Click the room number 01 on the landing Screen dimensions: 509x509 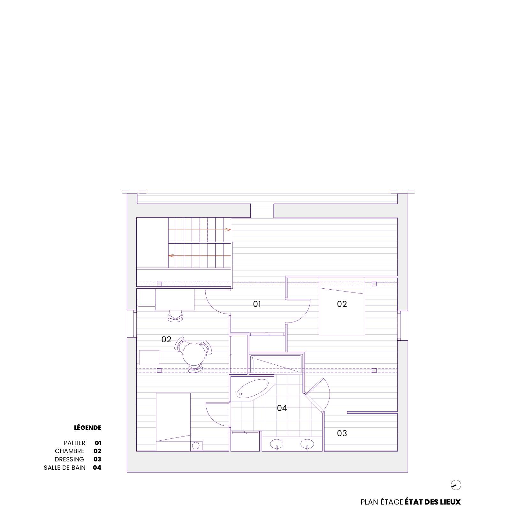pos(257,304)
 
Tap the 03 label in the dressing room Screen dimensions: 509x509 pos(342,433)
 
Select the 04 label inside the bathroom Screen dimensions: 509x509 pos(282,408)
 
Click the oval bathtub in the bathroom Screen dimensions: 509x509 pos(253,389)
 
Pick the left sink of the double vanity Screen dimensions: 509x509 pos(277,444)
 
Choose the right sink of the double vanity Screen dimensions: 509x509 pos(307,444)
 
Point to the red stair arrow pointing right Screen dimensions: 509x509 pos(200,230)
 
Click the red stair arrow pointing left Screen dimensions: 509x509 pos(200,256)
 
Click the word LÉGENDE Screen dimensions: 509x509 pos(87,428)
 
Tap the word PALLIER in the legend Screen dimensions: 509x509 pos(75,443)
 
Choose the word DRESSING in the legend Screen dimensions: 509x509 pos(69,459)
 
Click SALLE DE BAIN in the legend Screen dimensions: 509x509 pos(65,467)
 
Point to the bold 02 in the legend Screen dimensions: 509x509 pos(97,451)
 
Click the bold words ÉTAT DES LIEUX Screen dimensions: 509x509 pos(433,502)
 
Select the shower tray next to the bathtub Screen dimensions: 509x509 pos(276,364)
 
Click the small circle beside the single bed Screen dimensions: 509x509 pos(196,446)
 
